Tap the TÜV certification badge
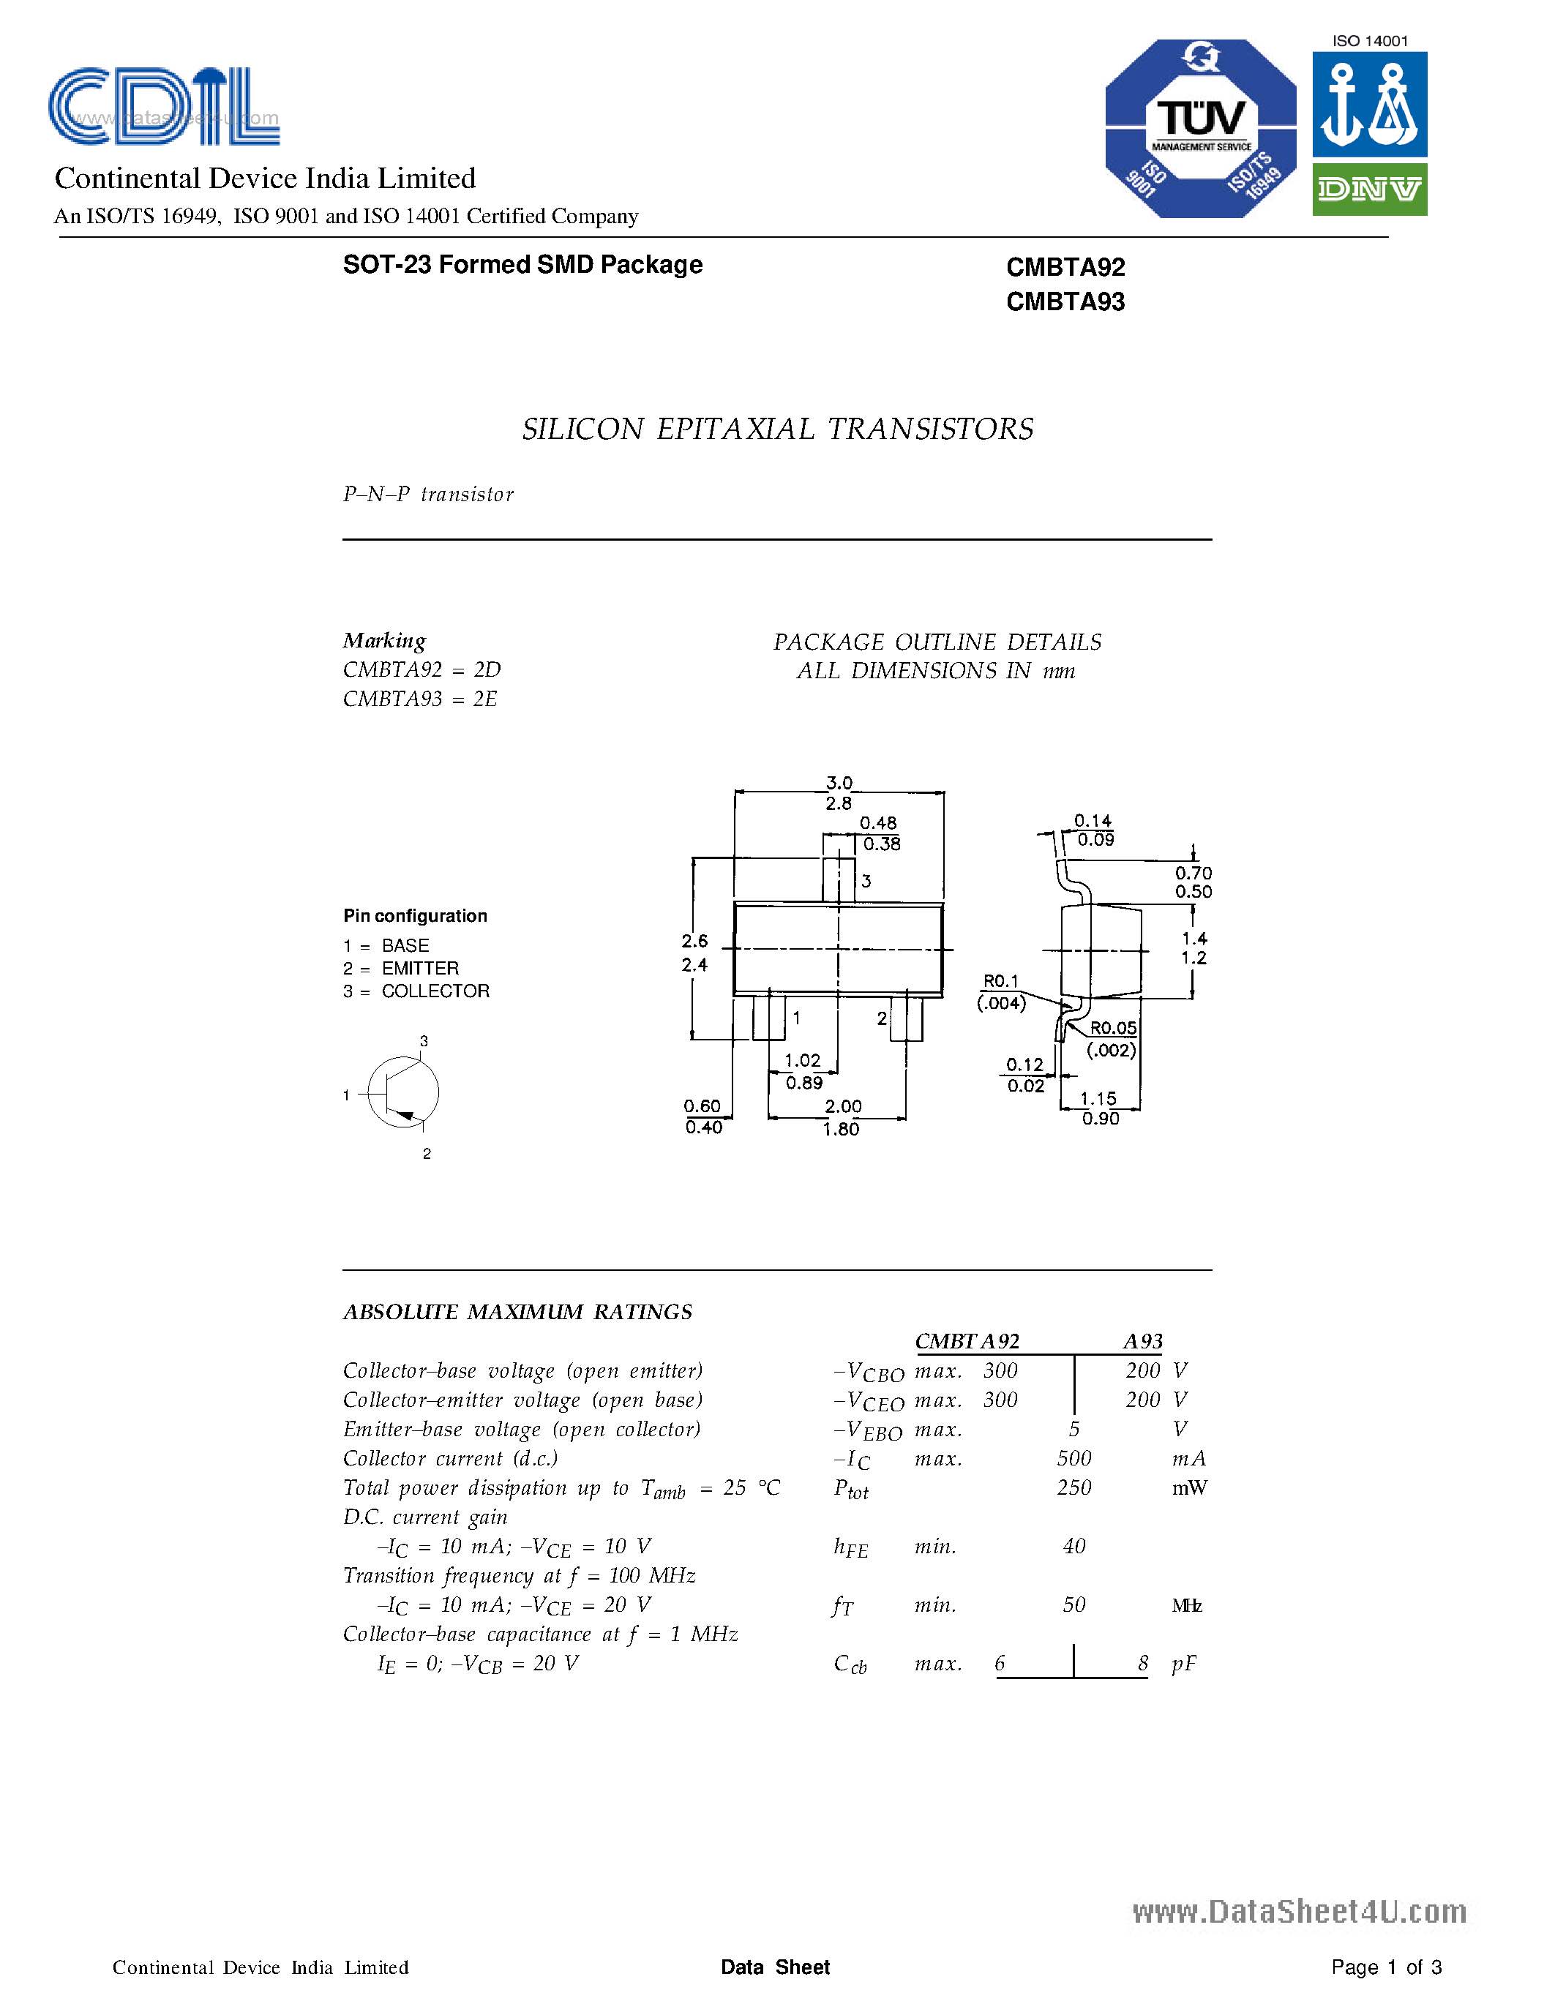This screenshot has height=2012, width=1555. [1200, 129]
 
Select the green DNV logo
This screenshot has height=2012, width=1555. [1369, 189]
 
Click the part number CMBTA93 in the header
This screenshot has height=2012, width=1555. [1065, 302]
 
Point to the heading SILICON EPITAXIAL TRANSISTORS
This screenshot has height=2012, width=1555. [777, 429]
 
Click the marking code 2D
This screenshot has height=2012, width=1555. [487, 669]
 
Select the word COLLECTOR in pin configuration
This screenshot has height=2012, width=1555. [435, 991]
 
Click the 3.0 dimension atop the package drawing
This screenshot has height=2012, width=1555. [839, 783]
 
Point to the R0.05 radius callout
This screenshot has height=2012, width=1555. [1113, 1028]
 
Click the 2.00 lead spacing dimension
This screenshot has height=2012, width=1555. [843, 1106]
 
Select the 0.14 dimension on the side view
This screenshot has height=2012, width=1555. [1093, 821]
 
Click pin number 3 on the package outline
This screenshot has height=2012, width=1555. [866, 882]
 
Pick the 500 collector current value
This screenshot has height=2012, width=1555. [1074, 1458]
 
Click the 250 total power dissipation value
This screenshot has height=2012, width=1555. [1074, 1488]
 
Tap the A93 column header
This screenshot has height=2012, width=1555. [1142, 1341]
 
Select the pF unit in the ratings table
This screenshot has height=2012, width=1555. [1184, 1664]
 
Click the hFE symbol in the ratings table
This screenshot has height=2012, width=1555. [850, 1547]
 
